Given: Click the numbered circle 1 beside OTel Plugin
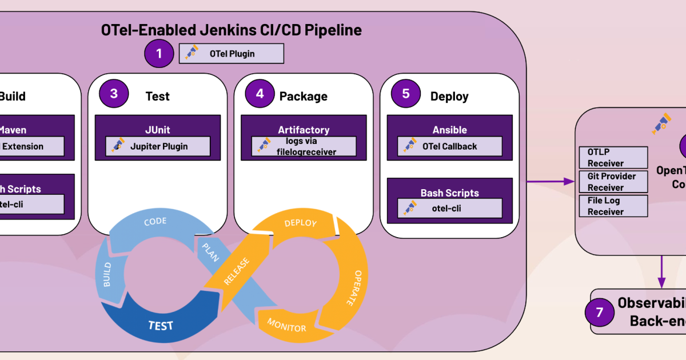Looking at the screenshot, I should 159,54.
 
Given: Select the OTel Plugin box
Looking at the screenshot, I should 232,54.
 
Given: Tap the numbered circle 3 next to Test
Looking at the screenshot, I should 114,94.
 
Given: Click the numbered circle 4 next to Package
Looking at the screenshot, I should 260,94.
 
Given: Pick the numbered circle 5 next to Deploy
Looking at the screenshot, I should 406,94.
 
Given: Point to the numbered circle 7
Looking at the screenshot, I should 600,311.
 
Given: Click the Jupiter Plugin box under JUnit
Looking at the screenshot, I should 158,146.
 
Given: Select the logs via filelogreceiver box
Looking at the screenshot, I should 304,146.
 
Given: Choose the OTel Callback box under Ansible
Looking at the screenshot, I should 450,146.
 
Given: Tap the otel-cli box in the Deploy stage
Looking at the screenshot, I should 450,208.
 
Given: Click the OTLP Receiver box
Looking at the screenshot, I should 613,157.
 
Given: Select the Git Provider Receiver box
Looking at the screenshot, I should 613,182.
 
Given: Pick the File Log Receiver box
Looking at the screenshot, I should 613,206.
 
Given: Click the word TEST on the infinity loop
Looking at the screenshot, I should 161,326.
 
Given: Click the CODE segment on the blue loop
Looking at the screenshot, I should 155,222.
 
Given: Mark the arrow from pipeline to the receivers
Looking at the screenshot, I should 551,181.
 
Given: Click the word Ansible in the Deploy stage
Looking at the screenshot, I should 450,130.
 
